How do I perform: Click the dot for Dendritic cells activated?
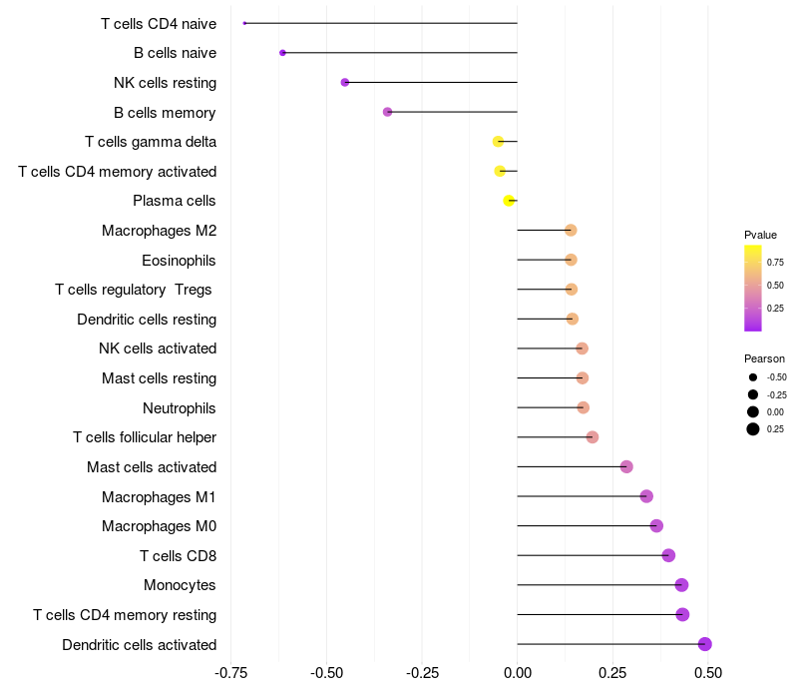point(704,644)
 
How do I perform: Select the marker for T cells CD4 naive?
point(244,23)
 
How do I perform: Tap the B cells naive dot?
point(282,53)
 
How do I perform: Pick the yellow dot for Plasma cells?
point(509,201)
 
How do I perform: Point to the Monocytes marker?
point(681,585)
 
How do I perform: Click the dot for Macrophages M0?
point(656,526)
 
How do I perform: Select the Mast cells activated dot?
point(626,466)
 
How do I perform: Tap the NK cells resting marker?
point(345,82)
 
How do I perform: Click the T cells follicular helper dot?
point(592,437)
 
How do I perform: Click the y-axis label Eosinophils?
point(179,261)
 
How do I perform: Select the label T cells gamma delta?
point(151,142)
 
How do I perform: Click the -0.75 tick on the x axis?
point(230,674)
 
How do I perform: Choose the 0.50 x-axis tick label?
point(707,674)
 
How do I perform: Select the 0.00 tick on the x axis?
point(517,674)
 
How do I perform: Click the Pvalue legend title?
point(760,235)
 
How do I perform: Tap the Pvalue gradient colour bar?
point(753,288)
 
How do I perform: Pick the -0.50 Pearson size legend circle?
point(753,377)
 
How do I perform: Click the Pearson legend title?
point(764,357)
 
